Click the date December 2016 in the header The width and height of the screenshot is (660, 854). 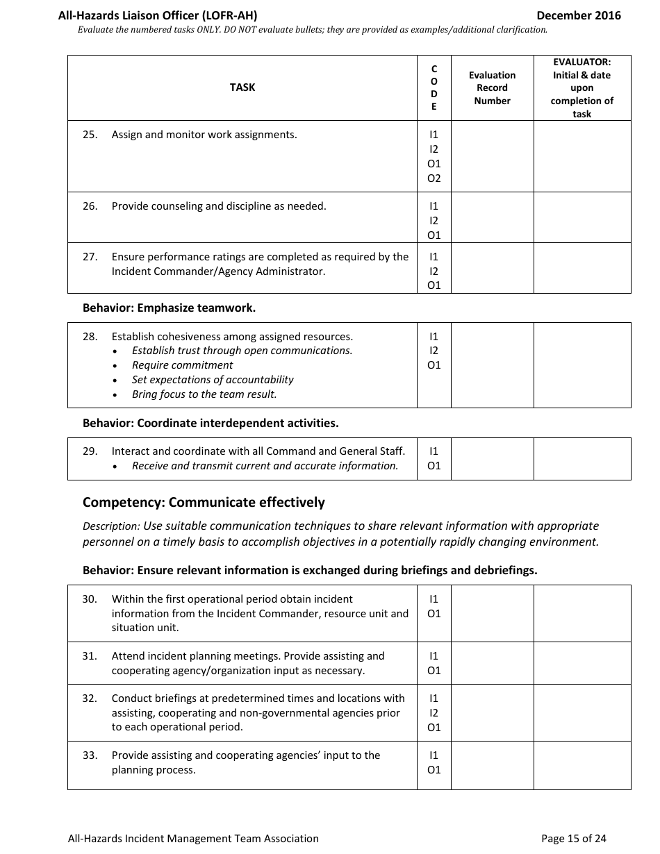pos(579,15)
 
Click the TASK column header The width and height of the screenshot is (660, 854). pos(242,87)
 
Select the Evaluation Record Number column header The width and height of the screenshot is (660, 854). pos(492,88)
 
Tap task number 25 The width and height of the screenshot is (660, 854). pos(90,135)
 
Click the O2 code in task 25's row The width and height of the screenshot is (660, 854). pos(434,178)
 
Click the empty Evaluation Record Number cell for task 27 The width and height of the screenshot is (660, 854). pos(492,268)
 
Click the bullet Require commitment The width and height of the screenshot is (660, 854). pos(182,365)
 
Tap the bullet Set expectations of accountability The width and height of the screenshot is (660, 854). pos(213,380)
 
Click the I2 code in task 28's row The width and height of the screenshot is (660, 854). pos(434,351)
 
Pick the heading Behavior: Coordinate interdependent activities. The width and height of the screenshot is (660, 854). pos(211,423)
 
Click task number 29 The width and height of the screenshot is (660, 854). pos(90,451)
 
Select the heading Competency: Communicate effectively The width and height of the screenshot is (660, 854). pos(204,502)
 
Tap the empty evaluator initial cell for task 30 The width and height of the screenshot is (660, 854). pos(581,613)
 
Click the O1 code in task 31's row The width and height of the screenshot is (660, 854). pos(434,671)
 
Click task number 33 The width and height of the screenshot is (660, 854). pos(90,755)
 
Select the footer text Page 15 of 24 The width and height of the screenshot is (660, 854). pos(573,839)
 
